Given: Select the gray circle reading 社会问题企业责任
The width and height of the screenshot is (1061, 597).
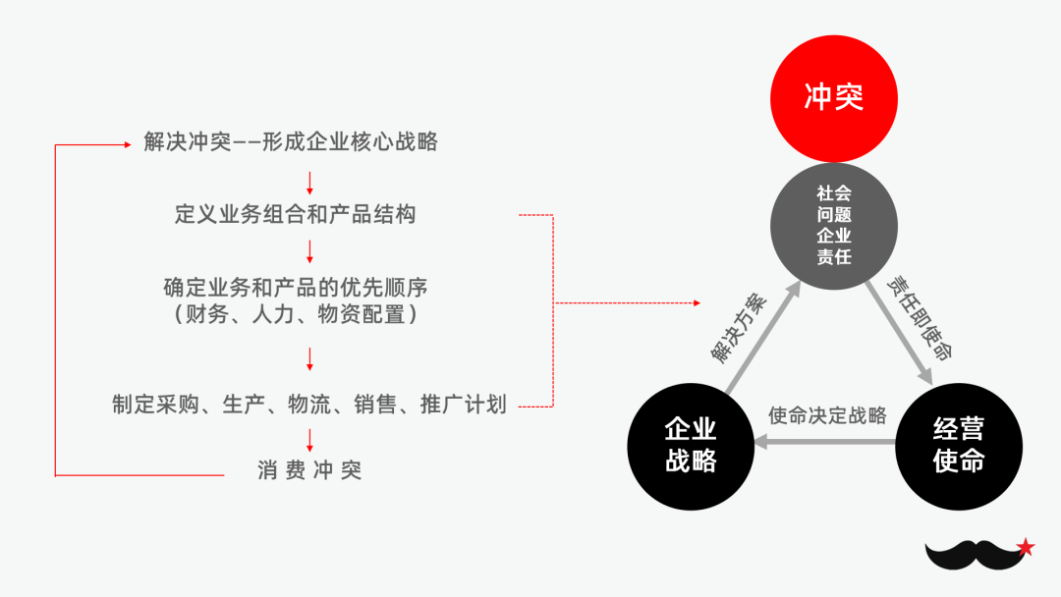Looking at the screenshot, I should pyautogui.click(x=833, y=226).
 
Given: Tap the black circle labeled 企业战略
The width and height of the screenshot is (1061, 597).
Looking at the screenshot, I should pyautogui.click(x=691, y=447).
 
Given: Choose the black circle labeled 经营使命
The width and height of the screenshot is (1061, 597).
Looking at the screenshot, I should pyautogui.click(x=959, y=447).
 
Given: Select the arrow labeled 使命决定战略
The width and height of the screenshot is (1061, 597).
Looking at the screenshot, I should pyautogui.click(x=825, y=443).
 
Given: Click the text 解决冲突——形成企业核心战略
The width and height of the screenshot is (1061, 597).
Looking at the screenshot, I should pyautogui.click(x=291, y=142).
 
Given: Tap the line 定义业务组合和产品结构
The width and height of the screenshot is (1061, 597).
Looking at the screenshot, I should pyautogui.click(x=295, y=214).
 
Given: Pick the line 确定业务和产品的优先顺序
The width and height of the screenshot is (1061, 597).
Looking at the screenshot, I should pyautogui.click(x=295, y=288).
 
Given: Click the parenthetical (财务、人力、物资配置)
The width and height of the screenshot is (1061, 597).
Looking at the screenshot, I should pyautogui.click(x=295, y=314).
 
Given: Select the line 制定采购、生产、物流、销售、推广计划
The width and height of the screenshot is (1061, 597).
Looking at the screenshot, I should pyautogui.click(x=309, y=404).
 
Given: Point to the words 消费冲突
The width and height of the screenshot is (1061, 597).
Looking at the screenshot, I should pyautogui.click(x=309, y=470).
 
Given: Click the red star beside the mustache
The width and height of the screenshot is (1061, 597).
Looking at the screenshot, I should pyautogui.click(x=1026, y=547).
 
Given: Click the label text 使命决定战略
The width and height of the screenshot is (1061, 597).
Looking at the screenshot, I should pyautogui.click(x=827, y=415).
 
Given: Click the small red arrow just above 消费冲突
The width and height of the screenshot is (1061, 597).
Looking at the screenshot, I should pyautogui.click(x=309, y=441).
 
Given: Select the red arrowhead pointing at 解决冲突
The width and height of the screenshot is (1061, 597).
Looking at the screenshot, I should pyautogui.click(x=126, y=144).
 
